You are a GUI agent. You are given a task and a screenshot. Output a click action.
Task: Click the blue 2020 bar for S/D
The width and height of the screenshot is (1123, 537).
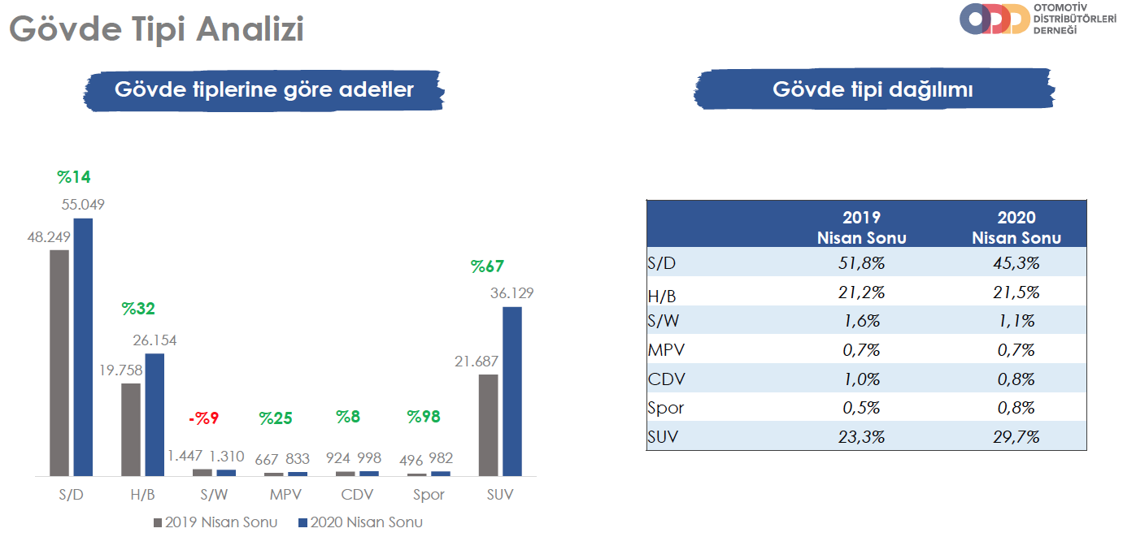coord(83,347)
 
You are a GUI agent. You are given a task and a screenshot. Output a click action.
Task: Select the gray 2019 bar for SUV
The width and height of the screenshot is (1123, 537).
coord(488,425)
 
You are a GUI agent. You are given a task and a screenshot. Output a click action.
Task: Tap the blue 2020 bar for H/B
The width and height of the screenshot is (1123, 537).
coord(155,415)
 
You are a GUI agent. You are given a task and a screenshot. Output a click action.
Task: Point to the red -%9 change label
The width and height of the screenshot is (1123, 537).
coord(203,418)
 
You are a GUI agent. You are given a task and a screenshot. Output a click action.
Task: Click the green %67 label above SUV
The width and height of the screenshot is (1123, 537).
coord(487,266)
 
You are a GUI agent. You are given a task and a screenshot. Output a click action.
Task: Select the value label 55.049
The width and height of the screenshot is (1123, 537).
coord(83,205)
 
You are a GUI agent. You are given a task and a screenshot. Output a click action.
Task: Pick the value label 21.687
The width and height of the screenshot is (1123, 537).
coord(477,362)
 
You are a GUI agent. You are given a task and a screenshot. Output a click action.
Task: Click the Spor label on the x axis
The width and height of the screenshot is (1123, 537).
coord(429,495)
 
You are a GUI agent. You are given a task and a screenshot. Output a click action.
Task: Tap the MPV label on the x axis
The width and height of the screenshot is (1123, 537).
coord(285,495)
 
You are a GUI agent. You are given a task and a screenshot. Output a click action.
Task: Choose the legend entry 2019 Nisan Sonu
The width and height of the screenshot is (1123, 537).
coord(215,522)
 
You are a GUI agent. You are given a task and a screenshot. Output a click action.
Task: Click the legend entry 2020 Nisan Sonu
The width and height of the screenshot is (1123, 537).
coord(360,522)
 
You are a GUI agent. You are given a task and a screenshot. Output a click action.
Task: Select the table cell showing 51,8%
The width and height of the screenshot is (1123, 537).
coord(861,263)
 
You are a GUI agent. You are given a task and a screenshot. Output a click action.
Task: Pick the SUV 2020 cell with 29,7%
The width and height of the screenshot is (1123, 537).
coord(1016,437)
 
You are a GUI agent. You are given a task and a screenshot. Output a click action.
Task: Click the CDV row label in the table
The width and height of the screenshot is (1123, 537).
coord(666,379)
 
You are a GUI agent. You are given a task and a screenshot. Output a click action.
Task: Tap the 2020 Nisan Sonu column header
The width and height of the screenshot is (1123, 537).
coord(1016,227)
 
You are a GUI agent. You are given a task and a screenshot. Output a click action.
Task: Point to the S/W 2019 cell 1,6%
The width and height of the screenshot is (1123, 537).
coord(861,321)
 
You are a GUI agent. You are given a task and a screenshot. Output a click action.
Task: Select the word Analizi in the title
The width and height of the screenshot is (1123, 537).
coord(250,28)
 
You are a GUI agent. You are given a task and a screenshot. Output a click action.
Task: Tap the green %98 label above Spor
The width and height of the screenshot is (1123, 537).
coord(424,417)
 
